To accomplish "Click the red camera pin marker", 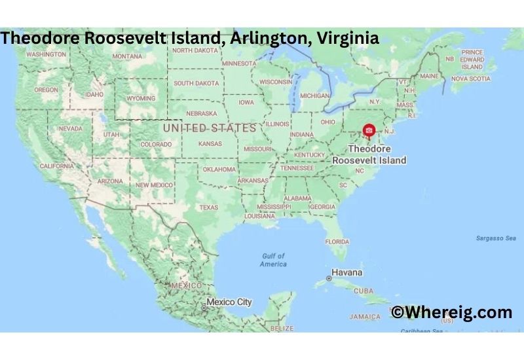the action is tap(369, 132).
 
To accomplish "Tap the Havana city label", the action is tap(347, 272).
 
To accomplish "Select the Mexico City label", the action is tap(229, 302).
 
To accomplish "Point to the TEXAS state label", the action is tap(208, 207).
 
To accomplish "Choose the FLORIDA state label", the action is tap(337, 242).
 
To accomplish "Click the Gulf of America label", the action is tap(273, 260).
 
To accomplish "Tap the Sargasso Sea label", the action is tap(496, 238).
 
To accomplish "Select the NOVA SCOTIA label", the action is tap(470, 79).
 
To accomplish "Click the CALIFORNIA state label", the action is tap(56, 166).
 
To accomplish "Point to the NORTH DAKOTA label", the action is tap(195, 50).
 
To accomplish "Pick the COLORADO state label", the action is tap(156, 145).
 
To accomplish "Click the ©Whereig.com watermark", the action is tap(451, 312).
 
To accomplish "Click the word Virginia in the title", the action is tap(347, 38).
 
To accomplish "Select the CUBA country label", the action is tap(363, 291).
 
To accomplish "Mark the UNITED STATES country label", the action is tap(209, 128).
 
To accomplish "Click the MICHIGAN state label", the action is tap(314, 96).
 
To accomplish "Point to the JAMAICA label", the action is tap(365, 317).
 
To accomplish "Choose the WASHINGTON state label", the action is tap(46, 54).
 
